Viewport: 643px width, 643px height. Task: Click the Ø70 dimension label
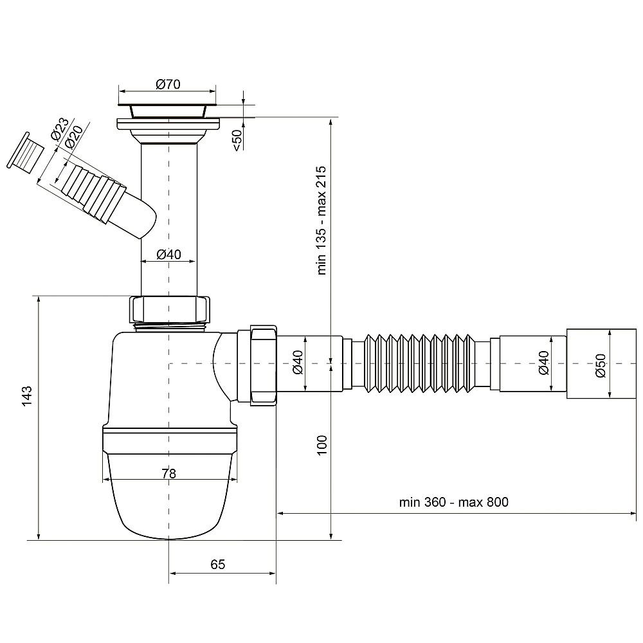168,84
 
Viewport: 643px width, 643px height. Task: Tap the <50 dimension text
237,140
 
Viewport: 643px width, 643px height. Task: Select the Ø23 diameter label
60,129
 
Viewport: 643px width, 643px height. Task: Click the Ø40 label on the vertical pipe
168,254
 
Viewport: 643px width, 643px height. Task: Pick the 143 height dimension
26,395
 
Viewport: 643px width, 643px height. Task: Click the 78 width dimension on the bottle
168,473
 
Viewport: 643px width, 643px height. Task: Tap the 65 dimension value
218,565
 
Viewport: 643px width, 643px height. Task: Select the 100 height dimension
322,445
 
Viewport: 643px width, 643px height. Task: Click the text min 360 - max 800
453,502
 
